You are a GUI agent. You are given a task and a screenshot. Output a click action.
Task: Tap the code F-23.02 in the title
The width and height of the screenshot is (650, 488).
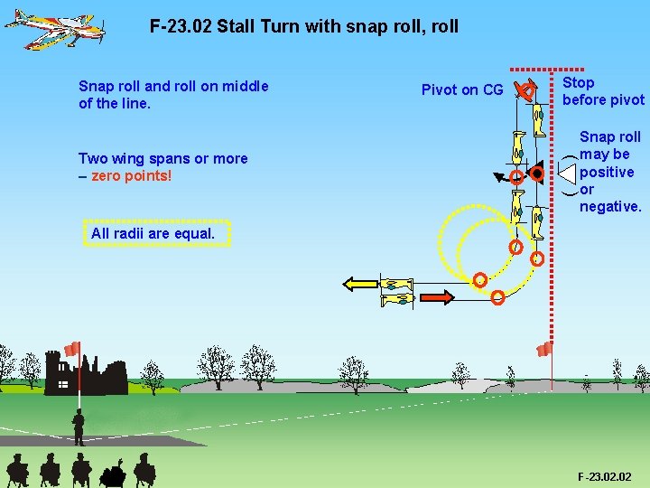pyautogui.click(x=181, y=26)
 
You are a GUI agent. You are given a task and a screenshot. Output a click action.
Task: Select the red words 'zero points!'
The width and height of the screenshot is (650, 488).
pyautogui.click(x=131, y=175)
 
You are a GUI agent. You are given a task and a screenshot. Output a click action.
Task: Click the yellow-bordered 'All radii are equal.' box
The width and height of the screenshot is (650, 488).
pyautogui.click(x=153, y=233)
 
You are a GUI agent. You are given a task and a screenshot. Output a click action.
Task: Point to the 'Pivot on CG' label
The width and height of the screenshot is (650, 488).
pyautogui.click(x=462, y=89)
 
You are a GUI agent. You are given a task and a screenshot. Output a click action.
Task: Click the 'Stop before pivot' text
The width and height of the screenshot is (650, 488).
pyautogui.click(x=603, y=91)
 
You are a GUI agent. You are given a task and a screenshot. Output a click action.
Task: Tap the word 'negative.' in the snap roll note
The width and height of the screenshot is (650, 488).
pyautogui.click(x=610, y=207)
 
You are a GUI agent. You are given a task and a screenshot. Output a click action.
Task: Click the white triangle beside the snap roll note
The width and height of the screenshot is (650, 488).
pyautogui.click(x=566, y=172)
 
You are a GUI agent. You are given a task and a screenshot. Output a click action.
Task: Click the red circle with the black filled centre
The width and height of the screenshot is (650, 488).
pyautogui.click(x=536, y=172)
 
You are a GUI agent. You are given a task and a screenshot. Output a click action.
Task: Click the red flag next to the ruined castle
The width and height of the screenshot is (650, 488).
pyautogui.click(x=72, y=349)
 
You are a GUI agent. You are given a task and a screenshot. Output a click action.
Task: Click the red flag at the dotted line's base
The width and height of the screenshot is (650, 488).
pyautogui.click(x=544, y=349)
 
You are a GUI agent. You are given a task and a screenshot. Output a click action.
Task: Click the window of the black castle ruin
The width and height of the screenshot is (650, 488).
pyautogui.click(x=63, y=384)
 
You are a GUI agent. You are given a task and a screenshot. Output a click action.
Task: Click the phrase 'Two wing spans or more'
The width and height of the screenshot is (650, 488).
pyautogui.click(x=162, y=158)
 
